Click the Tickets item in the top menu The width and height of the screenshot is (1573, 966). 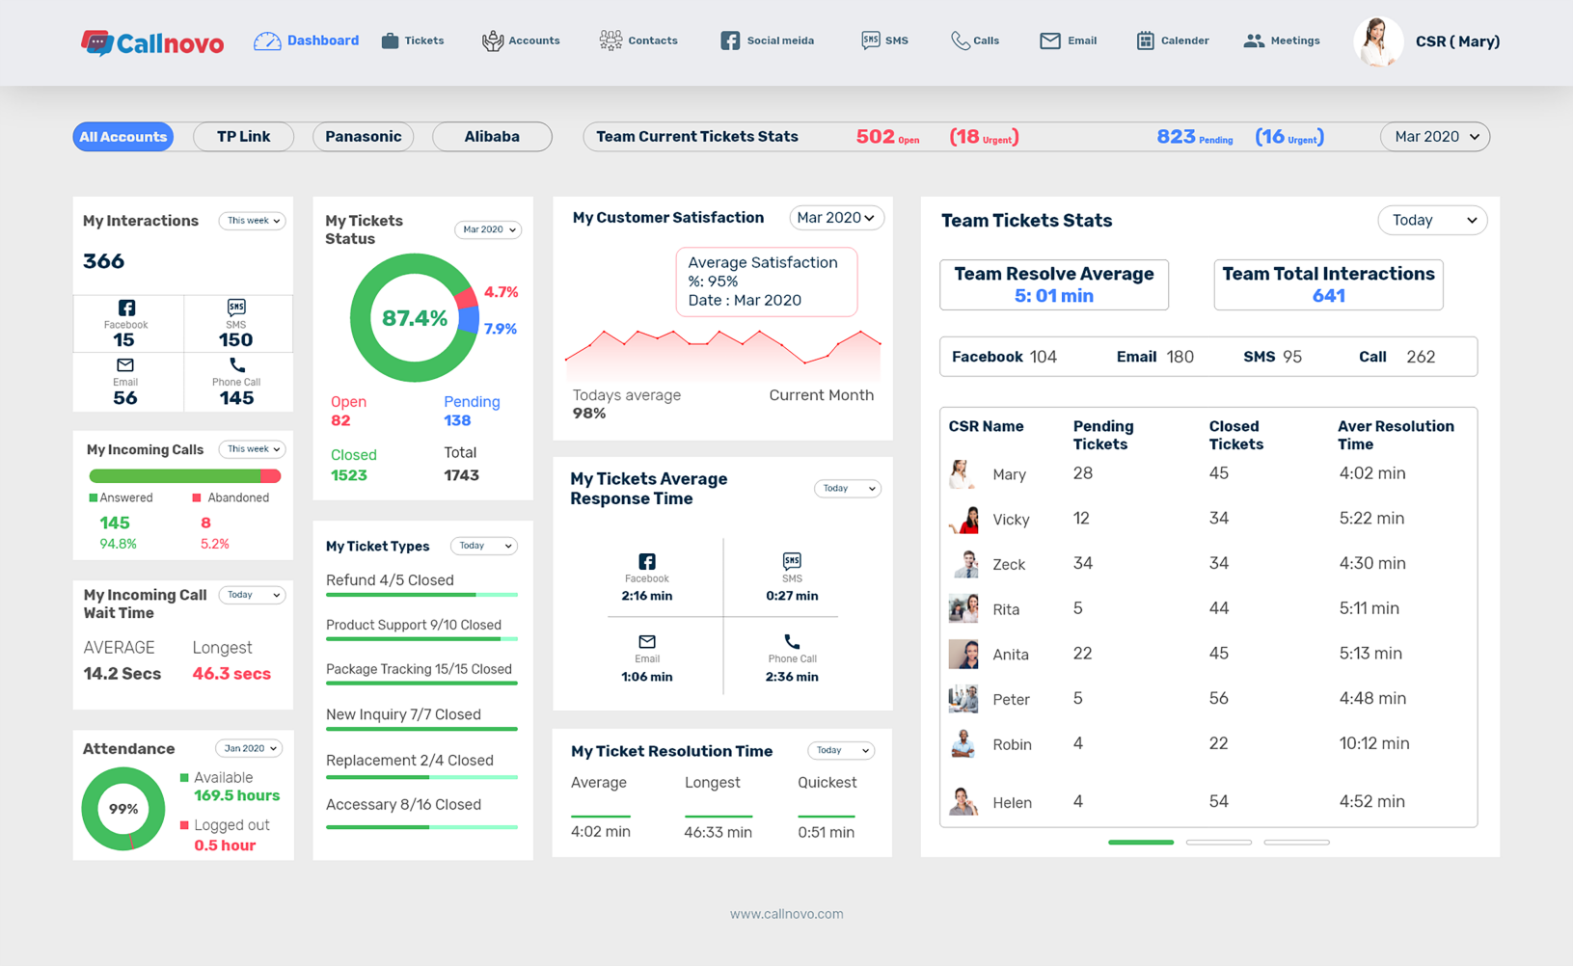[x=413, y=40]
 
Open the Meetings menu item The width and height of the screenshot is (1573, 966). [x=1282, y=40]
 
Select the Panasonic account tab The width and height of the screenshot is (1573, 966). [x=363, y=137]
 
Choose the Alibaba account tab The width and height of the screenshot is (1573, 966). [x=492, y=137]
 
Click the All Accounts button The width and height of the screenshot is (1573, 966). [x=123, y=137]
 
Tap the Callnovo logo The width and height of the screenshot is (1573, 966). [x=152, y=42]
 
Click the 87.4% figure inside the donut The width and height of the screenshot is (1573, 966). [x=415, y=318]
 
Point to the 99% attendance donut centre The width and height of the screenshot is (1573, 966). [x=123, y=809]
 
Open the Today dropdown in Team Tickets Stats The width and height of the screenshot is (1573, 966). [x=1432, y=221]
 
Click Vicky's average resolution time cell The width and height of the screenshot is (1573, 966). [x=1371, y=519]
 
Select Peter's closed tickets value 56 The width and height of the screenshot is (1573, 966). [x=1219, y=699]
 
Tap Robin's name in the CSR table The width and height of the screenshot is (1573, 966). [x=1012, y=744]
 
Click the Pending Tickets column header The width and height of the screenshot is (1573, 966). [x=1103, y=435]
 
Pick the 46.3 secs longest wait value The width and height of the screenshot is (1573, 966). [x=231, y=674]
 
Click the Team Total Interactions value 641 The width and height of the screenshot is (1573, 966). [x=1328, y=296]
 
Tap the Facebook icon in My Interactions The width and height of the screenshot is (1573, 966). [x=126, y=308]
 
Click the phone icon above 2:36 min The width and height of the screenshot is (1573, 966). [x=792, y=641]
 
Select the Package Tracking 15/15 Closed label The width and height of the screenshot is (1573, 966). [x=419, y=669]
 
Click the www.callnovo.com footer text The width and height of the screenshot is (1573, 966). [x=786, y=914]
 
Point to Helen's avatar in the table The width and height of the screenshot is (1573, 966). [x=963, y=801]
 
